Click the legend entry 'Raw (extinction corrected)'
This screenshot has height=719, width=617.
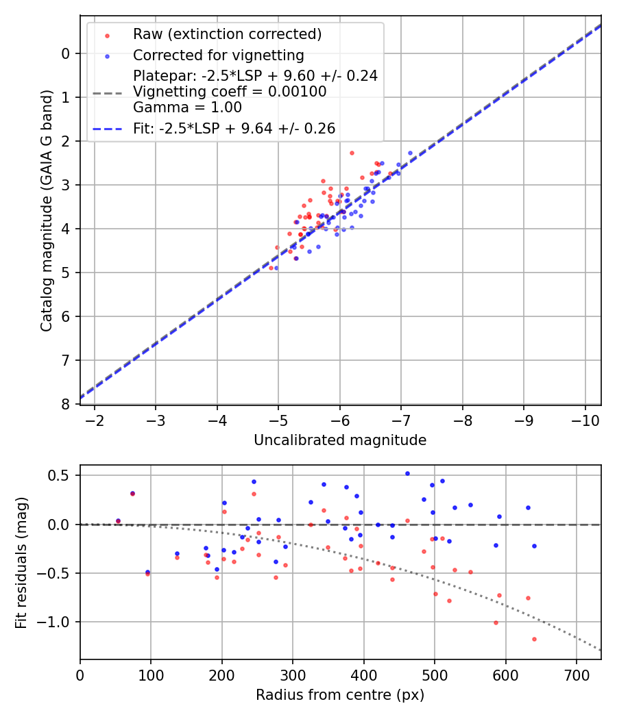(x=227, y=34)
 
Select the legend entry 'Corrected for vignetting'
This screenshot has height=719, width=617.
(x=218, y=55)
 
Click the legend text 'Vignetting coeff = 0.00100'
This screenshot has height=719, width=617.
(x=230, y=91)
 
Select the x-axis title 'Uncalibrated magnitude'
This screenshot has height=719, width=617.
(x=340, y=440)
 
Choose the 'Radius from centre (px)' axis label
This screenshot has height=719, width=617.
(x=340, y=695)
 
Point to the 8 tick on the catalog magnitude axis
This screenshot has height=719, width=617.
(x=66, y=404)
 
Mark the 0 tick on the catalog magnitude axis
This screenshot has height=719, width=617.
(x=66, y=53)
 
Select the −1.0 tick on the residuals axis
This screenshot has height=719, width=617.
(x=59, y=622)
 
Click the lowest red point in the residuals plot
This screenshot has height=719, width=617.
(x=534, y=639)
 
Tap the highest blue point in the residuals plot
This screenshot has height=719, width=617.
(x=407, y=473)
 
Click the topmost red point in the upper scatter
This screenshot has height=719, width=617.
(x=352, y=153)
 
